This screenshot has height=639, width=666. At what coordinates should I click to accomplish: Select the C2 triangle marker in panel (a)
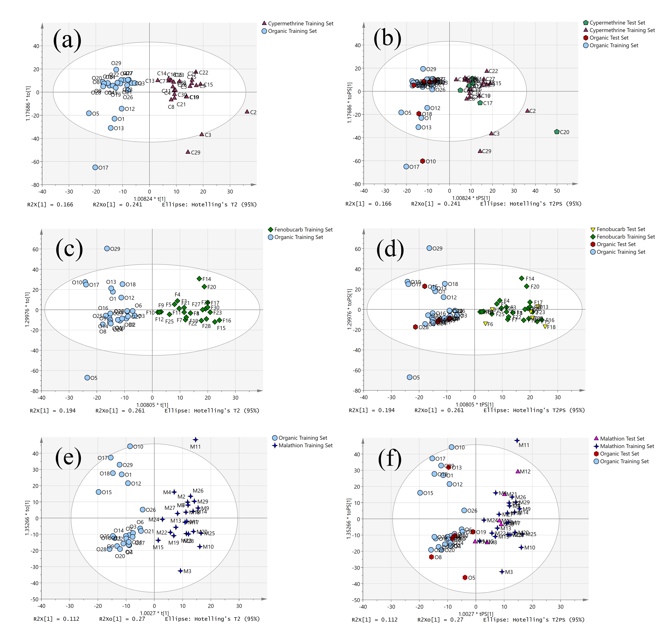247,111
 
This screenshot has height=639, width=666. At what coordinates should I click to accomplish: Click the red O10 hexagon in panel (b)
422,161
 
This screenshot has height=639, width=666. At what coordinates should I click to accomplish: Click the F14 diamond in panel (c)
199,279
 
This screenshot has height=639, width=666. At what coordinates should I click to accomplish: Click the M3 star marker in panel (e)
180,571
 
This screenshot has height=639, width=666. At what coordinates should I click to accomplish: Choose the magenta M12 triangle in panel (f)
518,471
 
